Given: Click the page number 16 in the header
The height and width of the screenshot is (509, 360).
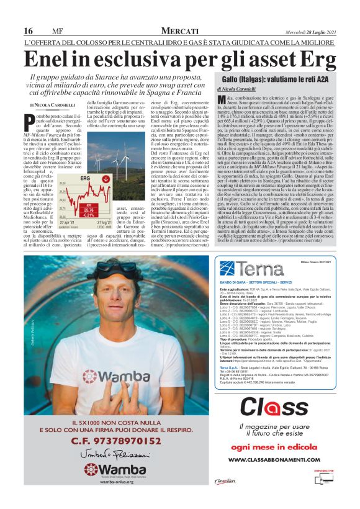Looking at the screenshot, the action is tap(29, 31).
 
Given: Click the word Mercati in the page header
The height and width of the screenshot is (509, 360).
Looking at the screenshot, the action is tap(180, 31).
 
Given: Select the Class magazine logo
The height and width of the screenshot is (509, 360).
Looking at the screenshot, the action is tap(272, 407).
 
